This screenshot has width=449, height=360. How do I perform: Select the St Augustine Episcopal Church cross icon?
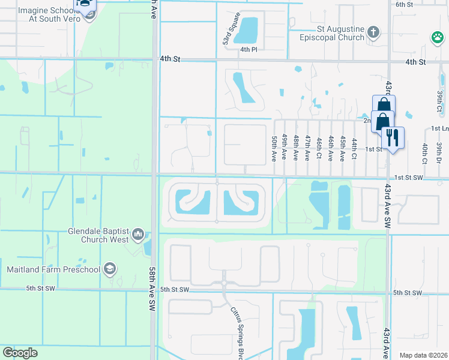[373, 32]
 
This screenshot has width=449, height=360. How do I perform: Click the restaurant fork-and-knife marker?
[393, 137]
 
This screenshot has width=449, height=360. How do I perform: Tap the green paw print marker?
[436, 39]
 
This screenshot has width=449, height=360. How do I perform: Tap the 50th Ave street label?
[274, 149]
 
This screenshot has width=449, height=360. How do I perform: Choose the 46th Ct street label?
[331, 148]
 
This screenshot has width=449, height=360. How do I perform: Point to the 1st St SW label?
[409, 178]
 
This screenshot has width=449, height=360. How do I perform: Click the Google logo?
[20, 353]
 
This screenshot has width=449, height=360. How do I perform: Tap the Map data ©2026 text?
[423, 355]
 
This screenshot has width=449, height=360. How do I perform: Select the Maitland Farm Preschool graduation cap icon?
[109, 269]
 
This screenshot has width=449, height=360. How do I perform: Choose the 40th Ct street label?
[424, 152]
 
